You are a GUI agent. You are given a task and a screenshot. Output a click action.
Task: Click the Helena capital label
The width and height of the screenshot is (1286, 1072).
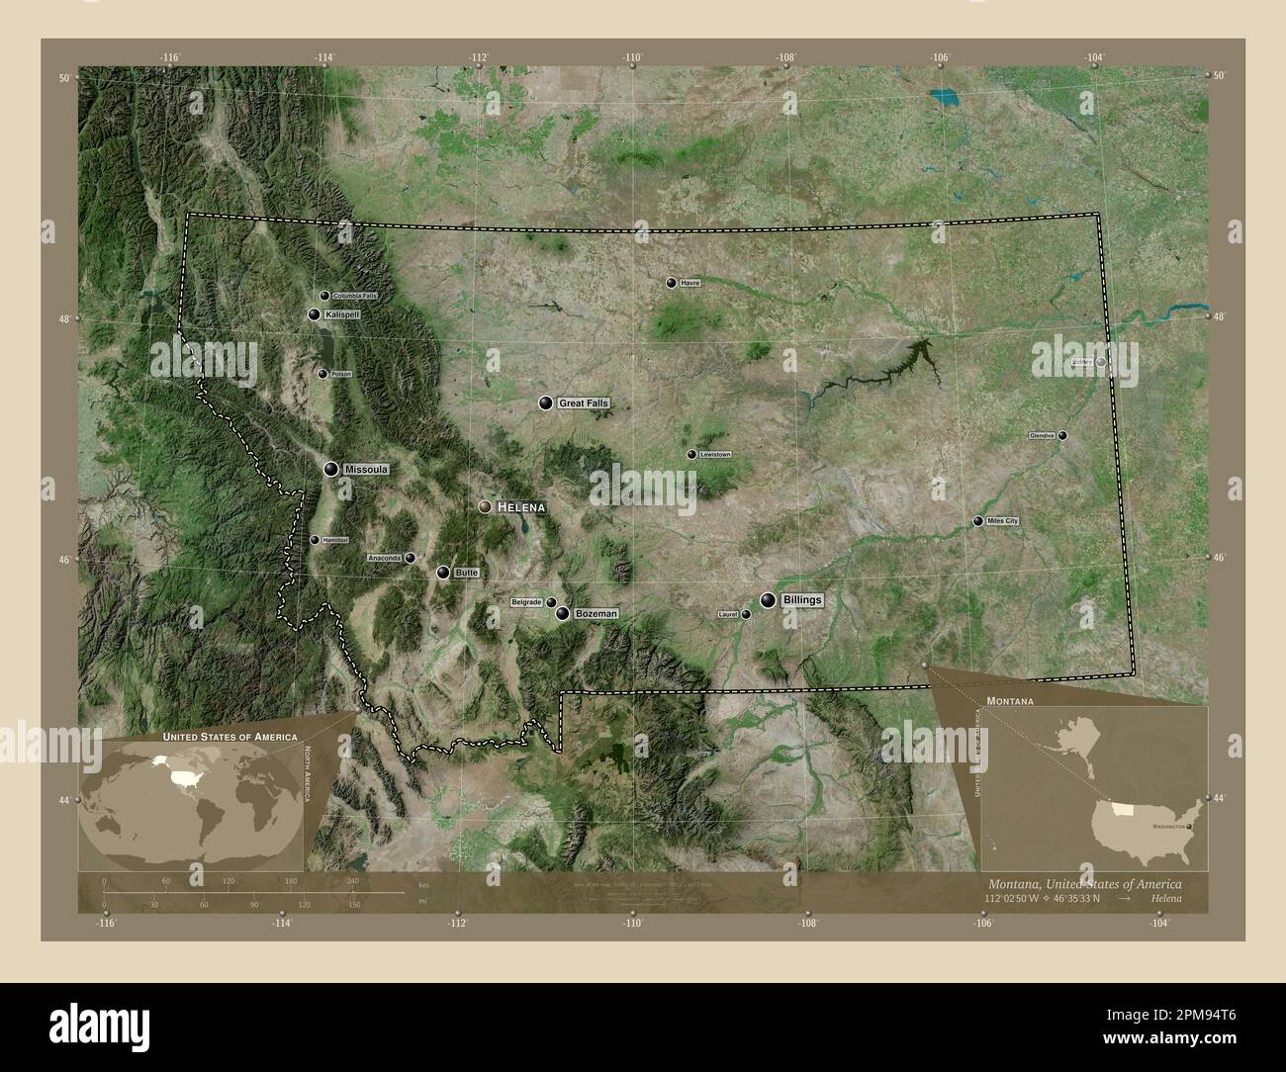tap(520, 506)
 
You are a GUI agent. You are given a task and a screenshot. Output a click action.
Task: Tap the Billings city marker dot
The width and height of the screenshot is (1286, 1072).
tap(768, 599)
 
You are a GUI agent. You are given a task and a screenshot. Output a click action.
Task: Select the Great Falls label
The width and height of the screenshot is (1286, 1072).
tap(584, 403)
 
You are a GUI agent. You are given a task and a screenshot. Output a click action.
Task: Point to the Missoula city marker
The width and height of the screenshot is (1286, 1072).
tap(330, 469)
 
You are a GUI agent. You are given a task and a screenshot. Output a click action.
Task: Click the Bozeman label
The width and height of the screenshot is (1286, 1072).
tap(597, 614)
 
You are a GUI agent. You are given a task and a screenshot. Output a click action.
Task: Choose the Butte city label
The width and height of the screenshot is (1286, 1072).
tap(467, 573)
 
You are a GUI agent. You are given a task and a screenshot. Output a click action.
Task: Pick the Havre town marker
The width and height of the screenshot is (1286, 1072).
tap(672, 283)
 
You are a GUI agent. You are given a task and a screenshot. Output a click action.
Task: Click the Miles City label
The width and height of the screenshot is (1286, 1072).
tap(1003, 521)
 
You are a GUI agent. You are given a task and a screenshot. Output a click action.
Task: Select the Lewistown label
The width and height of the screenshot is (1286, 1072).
tap(715, 455)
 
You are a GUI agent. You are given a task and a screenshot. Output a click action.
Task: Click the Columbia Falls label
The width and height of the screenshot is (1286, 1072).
tap(355, 296)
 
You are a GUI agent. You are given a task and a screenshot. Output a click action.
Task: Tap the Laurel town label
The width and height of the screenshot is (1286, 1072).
tap(729, 615)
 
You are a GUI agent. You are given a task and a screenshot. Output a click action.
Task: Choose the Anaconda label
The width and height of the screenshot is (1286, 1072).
tap(384, 559)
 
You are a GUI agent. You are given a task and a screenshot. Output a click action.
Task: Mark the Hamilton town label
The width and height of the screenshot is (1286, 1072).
tap(335, 540)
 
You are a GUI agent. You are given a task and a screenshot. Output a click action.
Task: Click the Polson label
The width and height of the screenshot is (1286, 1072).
tap(341, 374)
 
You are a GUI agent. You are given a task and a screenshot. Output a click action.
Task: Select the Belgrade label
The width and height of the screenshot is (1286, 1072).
tap(526, 602)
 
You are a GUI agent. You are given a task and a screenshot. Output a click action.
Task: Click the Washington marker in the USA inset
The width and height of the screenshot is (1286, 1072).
tap(1189, 826)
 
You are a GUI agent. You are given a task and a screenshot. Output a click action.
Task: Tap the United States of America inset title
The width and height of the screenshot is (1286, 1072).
tap(230, 738)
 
